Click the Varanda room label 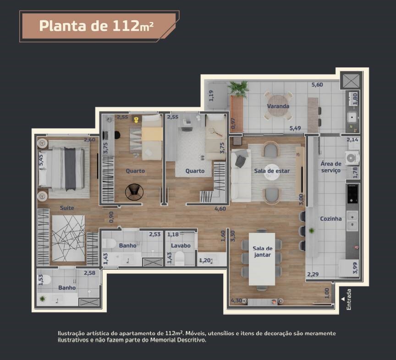coord(278,106)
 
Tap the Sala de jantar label coord(263,252)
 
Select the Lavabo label coord(181,245)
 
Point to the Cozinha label coord(331,219)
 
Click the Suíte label coord(67,208)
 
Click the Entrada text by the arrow coord(349,299)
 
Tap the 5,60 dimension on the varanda coord(317,85)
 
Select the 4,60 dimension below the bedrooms coord(220,209)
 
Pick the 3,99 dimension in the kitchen coord(355,268)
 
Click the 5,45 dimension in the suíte coord(41,160)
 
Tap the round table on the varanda coord(278,105)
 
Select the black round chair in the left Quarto coord(134,192)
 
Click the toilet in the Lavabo coord(180,258)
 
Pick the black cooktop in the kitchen coord(352,194)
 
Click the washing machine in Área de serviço coord(352,158)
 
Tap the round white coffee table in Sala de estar coord(272,172)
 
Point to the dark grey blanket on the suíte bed coord(70,169)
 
